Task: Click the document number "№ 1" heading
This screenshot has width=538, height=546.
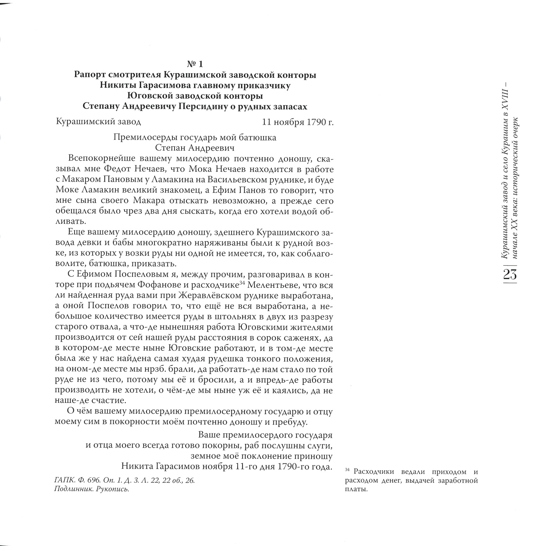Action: [195, 64]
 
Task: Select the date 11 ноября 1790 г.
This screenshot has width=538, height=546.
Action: [298, 122]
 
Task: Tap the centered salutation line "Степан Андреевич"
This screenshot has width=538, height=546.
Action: [195, 147]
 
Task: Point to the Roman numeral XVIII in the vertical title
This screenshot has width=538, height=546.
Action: [506, 99]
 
